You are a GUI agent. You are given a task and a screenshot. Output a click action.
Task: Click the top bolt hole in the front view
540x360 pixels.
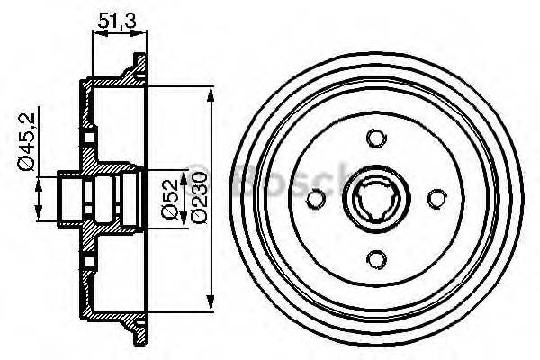[x=376, y=138]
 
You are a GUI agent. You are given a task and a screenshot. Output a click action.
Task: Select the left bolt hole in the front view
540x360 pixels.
[x=315, y=198]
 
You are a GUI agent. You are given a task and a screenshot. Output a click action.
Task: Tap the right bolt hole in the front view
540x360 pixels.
[x=436, y=198]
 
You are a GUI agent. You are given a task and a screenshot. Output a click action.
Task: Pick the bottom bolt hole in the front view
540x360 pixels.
[x=376, y=259]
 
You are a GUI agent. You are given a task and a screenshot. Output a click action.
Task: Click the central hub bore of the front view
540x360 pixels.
[x=376, y=198]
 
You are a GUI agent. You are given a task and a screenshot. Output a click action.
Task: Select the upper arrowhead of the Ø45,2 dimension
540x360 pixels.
[x=39, y=178]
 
